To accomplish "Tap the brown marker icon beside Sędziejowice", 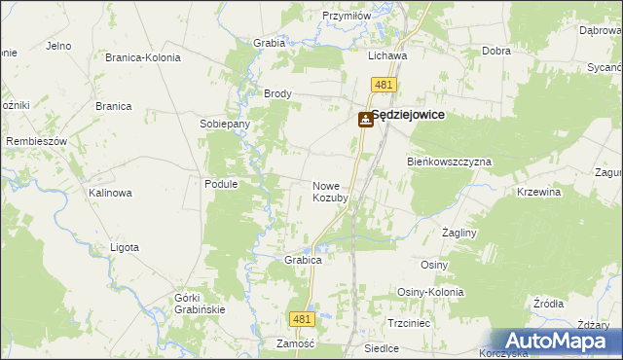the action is (x=365, y=120).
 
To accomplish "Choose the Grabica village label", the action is (x=303, y=261).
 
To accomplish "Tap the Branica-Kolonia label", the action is (x=143, y=57).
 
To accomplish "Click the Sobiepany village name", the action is (x=225, y=125).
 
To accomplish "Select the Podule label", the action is (x=221, y=183).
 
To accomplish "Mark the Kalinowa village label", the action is (x=110, y=193).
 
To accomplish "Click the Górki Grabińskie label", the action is (x=200, y=304).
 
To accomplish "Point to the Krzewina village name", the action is (x=539, y=193).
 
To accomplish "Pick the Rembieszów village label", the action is (x=36, y=141).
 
